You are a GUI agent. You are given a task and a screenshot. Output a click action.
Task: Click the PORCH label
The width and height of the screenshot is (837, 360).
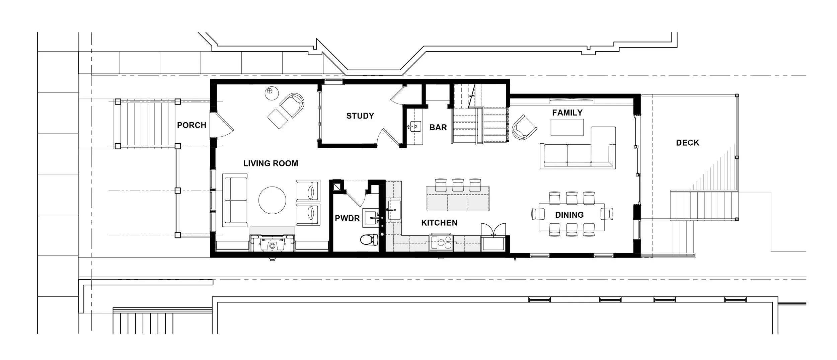(192, 125)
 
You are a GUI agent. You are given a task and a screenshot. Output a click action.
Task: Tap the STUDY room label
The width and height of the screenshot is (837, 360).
(360, 116)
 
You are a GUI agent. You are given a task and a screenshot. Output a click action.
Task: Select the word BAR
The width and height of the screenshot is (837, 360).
(438, 128)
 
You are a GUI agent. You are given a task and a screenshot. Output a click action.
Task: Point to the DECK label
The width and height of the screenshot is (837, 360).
(688, 143)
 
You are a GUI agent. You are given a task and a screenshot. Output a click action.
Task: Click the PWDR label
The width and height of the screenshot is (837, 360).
(347, 218)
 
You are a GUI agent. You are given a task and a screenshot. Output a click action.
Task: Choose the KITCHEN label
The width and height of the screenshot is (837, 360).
(439, 223)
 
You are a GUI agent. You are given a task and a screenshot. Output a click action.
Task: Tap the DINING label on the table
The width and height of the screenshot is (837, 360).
(569, 215)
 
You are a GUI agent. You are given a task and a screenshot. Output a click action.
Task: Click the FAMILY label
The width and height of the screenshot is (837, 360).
(567, 113)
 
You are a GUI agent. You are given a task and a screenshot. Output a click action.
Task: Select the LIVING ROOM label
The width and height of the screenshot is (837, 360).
(271, 163)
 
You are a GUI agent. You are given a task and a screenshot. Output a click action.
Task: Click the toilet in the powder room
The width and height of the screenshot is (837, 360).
(369, 239)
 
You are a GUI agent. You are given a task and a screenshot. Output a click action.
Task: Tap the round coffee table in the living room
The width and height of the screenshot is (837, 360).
(272, 200)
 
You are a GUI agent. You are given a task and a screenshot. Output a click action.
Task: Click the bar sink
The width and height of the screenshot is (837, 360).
(415, 127)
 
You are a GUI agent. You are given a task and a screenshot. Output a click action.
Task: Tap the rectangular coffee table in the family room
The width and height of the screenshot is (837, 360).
(567, 128)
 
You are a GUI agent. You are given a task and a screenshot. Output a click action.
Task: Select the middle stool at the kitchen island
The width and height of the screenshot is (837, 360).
(457, 185)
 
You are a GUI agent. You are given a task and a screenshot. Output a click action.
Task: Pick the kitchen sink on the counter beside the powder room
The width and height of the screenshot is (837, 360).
(394, 210)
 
